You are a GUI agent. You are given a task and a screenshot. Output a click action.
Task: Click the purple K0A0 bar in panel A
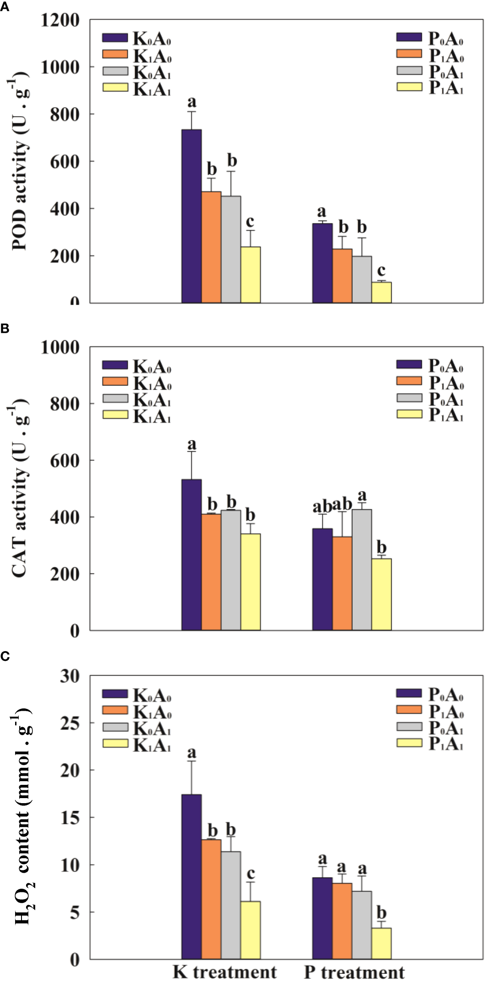click(191, 216)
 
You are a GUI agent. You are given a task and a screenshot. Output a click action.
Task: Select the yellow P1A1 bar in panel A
click(381, 292)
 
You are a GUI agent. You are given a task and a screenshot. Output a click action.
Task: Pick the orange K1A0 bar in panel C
click(211, 899)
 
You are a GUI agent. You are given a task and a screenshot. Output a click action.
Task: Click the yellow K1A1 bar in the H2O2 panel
click(250, 930)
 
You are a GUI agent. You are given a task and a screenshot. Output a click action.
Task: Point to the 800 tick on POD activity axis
click(64, 114)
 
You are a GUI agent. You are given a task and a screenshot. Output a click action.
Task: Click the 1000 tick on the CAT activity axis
click(60, 347)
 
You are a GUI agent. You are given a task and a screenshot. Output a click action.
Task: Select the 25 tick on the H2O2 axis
click(70, 723)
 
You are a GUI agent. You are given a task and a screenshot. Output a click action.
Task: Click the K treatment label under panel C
click(224, 972)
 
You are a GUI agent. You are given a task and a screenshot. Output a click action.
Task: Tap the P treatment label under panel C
click(354, 972)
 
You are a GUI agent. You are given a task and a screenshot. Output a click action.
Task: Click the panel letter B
click(5, 329)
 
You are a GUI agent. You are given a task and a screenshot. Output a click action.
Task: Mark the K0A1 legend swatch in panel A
click(115, 71)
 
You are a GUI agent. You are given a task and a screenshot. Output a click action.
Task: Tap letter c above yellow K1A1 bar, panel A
click(250, 221)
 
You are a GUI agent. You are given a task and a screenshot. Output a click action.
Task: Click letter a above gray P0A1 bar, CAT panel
click(362, 495)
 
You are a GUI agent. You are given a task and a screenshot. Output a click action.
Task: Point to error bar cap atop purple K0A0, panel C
click(191, 761)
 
